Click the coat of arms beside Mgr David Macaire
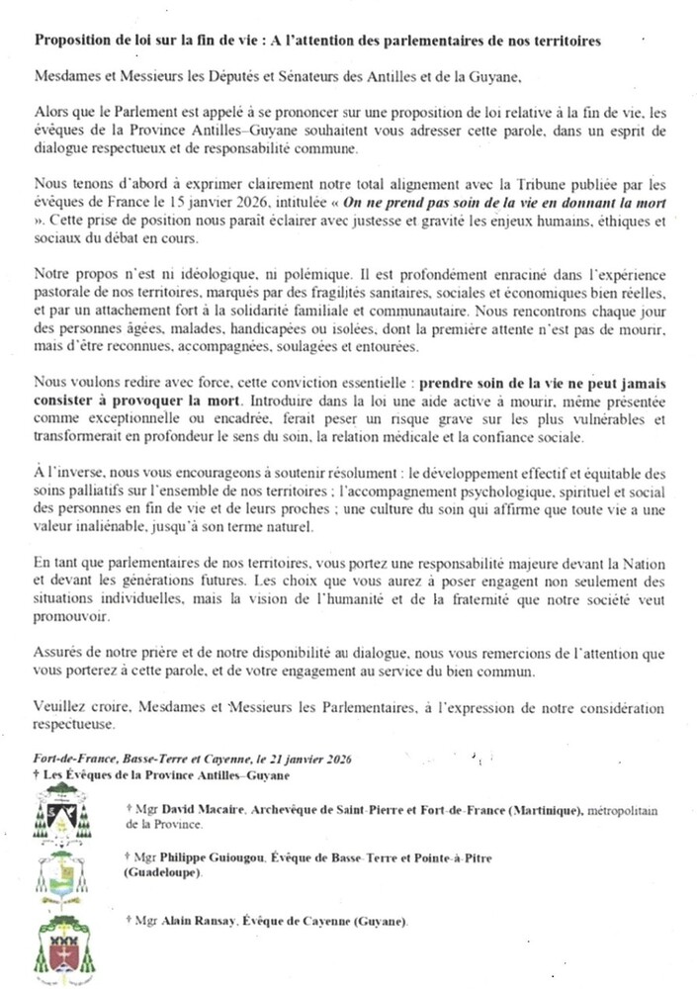click(59, 814)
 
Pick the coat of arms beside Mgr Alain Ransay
click(61, 950)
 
